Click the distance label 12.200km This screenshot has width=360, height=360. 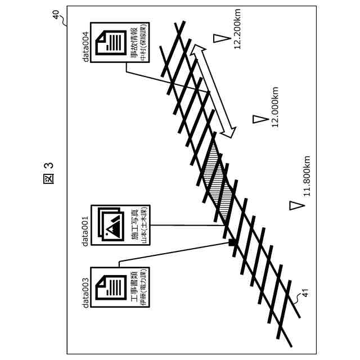coord(240,30)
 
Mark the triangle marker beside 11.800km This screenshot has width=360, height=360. coord(292,205)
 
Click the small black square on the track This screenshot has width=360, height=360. coord(232,243)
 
